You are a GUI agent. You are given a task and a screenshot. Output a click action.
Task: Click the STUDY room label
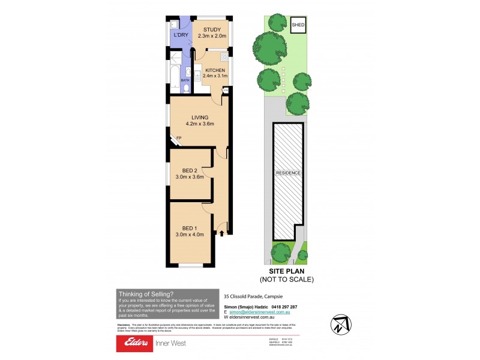tap(212, 30)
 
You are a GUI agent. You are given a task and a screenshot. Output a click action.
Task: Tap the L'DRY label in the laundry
tap(180, 35)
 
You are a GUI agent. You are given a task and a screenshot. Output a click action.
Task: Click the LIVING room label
tap(199, 117)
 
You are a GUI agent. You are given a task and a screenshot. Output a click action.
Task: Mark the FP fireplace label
tap(178, 139)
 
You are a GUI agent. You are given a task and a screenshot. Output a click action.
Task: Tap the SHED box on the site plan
tap(298, 25)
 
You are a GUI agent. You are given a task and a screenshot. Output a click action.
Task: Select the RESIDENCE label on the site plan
tap(288, 173)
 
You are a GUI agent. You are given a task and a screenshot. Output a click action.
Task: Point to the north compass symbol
tap(340, 325)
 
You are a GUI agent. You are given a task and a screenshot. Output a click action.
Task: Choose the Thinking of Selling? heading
tap(146, 294)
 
